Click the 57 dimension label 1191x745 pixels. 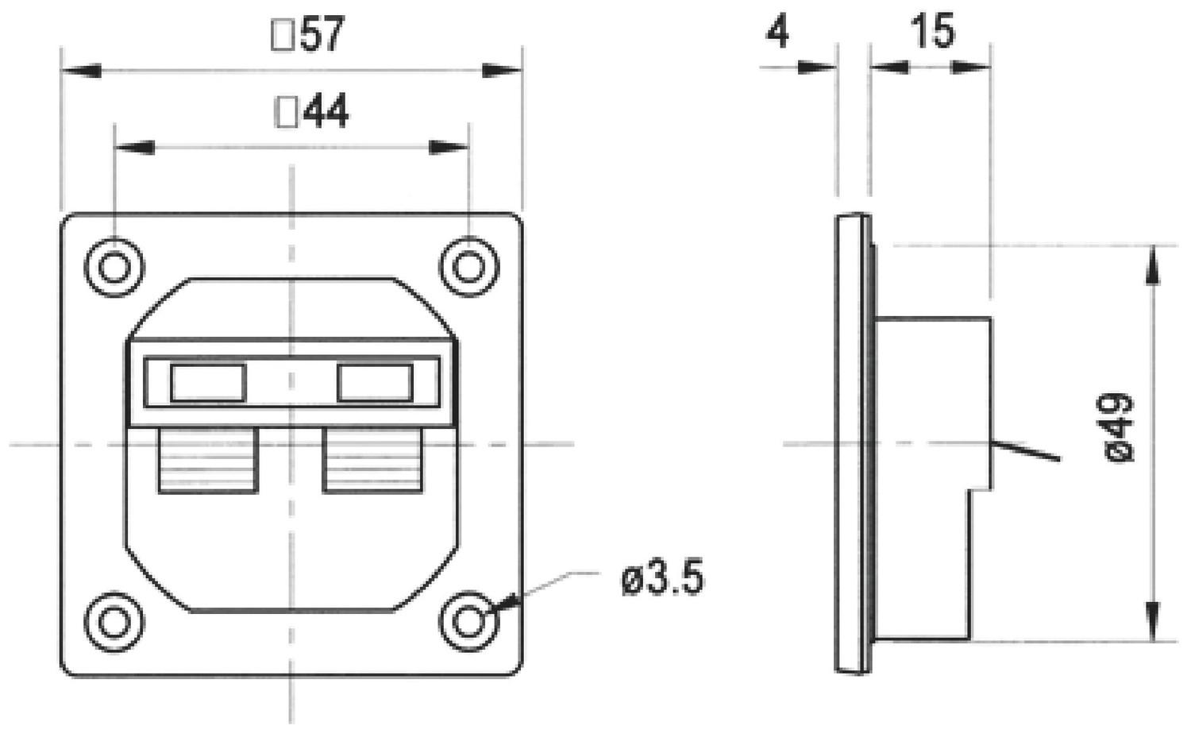point(322,35)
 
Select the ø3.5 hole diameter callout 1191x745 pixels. point(662,579)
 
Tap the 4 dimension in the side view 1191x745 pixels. point(778,33)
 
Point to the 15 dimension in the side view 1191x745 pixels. point(931,33)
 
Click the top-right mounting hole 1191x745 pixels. point(468,267)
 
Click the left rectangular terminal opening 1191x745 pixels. point(207,383)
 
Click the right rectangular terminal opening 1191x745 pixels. point(375,383)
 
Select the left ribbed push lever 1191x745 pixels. point(208,461)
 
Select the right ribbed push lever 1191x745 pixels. point(372,461)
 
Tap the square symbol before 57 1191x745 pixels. point(283,36)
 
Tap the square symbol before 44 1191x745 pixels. point(286,113)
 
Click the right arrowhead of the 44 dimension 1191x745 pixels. point(449,148)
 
